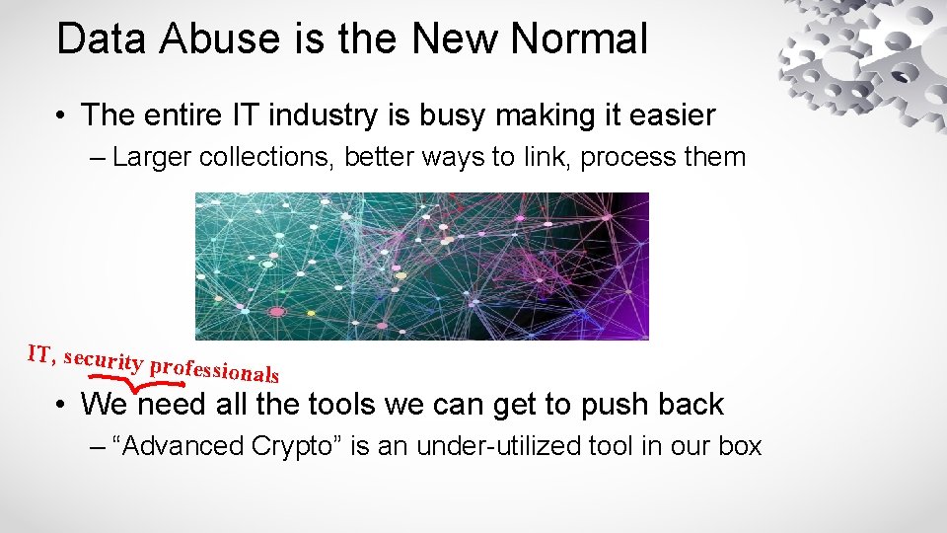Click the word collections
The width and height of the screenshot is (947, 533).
click(x=265, y=158)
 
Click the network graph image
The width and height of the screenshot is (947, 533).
click(x=422, y=266)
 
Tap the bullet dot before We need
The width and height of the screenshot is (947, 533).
click(x=61, y=405)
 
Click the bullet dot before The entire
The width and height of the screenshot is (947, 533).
click(x=61, y=115)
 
